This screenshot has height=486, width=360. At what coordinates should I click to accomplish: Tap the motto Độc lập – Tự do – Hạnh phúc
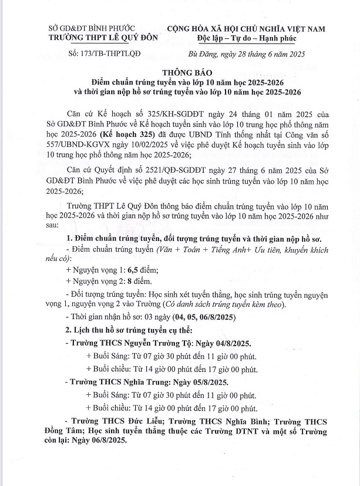pos(248,38)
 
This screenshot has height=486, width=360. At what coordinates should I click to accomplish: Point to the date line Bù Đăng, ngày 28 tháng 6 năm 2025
pos(247,54)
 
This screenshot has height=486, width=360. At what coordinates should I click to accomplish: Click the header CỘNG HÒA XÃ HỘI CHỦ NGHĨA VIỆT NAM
pos(247,28)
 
